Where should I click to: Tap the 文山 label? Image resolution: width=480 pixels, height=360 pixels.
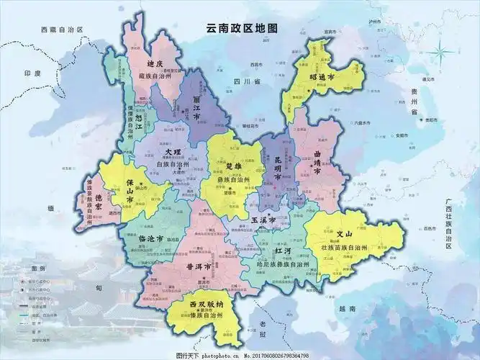coord(345,235)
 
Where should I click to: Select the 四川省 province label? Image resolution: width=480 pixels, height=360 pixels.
coord(245,83)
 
